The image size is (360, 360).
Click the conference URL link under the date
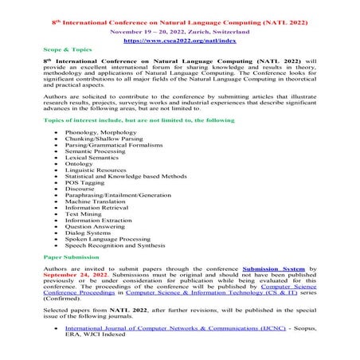coord(179,38)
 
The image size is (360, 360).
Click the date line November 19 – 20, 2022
coord(179,26)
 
